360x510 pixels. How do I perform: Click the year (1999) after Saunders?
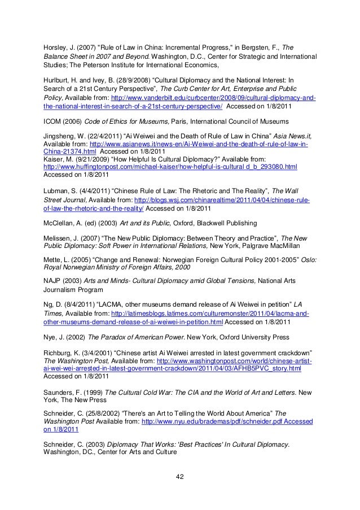click(x=91, y=391)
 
